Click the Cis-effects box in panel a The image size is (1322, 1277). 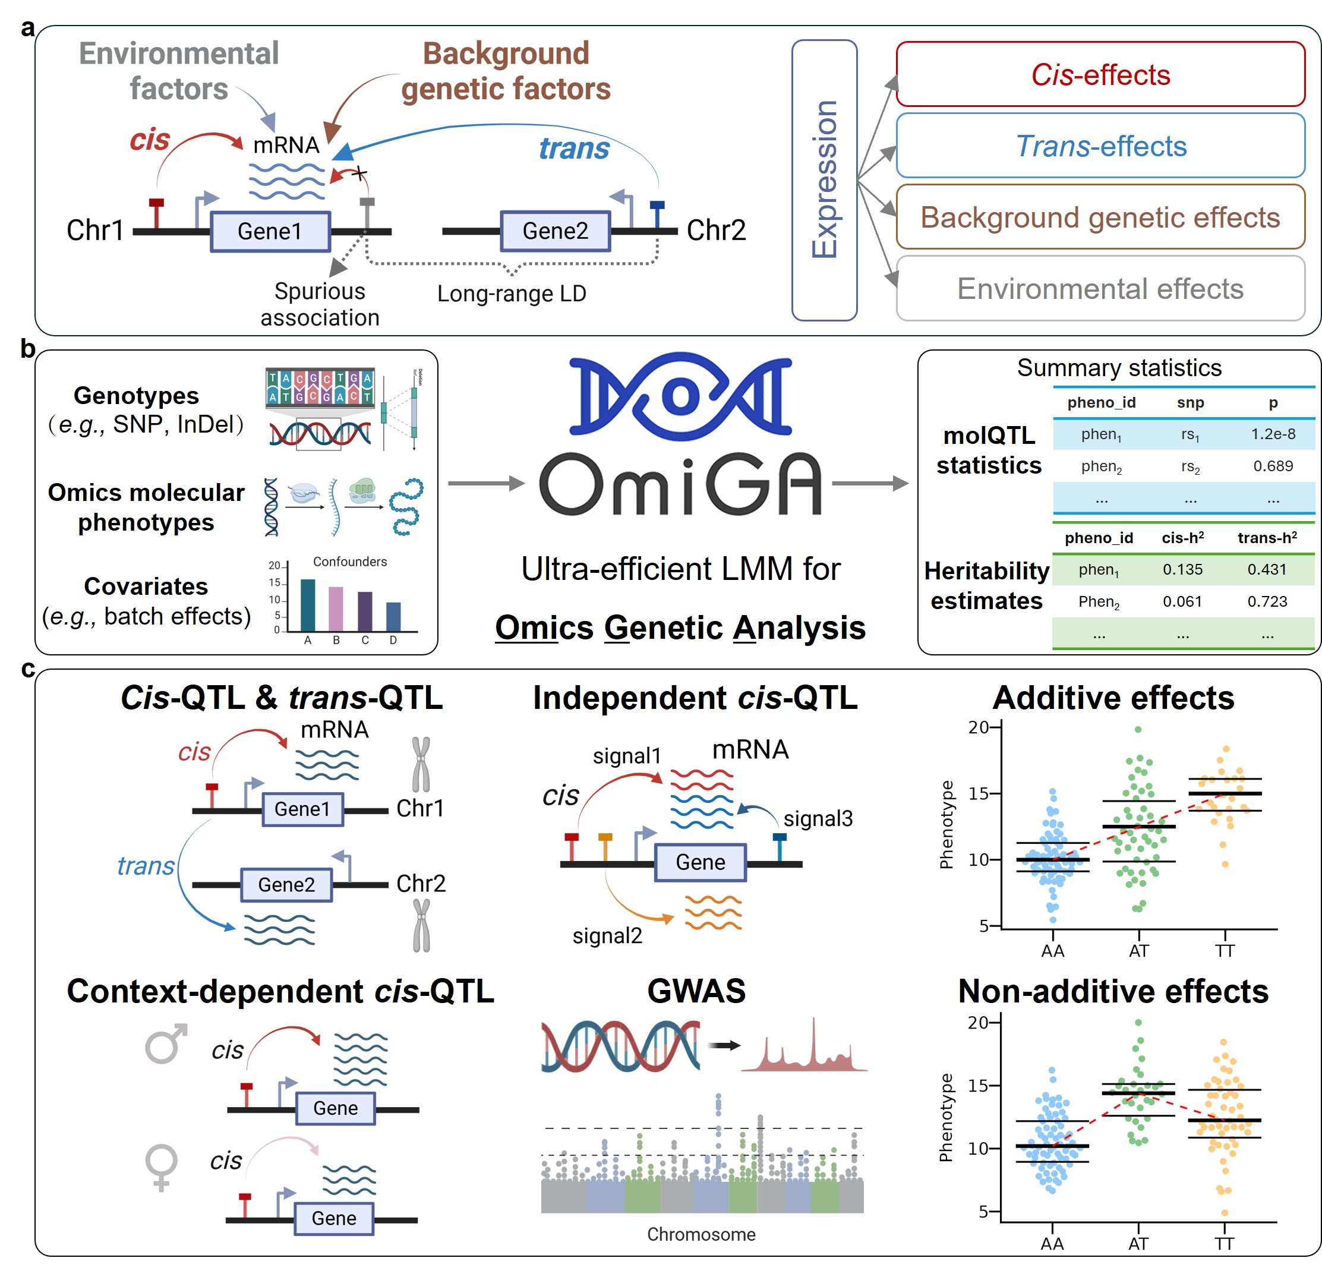coord(1100,74)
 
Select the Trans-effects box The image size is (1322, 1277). coord(1100,146)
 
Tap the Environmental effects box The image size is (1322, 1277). coord(1100,289)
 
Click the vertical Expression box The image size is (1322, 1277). coord(824,179)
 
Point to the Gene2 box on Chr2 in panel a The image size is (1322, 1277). coord(555,231)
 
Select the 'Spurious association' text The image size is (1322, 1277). coord(320,304)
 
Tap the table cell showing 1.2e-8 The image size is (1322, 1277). coord(1273,434)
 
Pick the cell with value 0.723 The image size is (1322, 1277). coord(1267,601)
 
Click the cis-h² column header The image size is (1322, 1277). coord(1182,538)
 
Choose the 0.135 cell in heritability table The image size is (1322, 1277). coord(1182,569)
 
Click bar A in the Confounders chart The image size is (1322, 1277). coord(308,604)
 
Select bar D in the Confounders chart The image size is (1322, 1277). coord(393,616)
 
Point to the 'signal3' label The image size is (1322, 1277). coord(818,818)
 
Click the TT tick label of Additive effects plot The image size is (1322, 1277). coord(1224,951)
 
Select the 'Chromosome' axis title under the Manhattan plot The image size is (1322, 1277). coord(701,1234)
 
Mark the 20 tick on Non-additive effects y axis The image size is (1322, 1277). coord(977,1023)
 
